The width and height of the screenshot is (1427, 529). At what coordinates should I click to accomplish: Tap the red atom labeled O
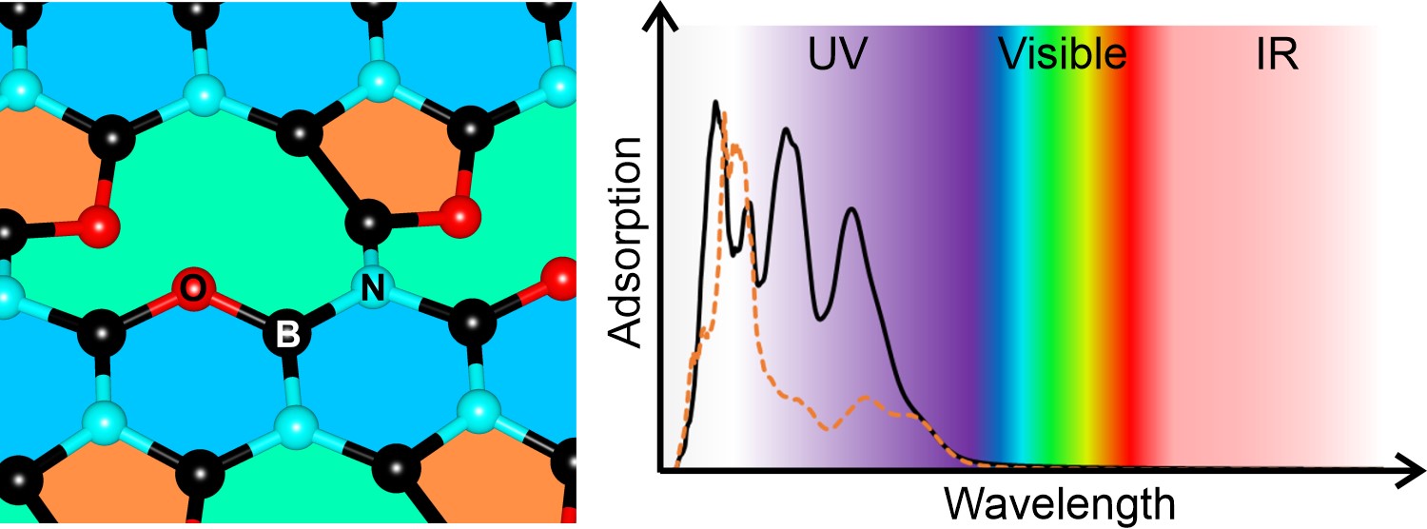tap(192, 289)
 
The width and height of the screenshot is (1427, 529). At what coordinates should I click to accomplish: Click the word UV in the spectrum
tap(837, 57)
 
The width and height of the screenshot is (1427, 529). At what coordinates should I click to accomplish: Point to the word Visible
tap(1063, 57)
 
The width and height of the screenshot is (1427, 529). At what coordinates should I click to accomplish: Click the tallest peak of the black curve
tap(715, 103)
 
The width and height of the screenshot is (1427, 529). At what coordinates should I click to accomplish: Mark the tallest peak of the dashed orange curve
tap(725, 115)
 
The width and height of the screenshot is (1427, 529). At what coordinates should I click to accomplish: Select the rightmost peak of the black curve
tap(851, 209)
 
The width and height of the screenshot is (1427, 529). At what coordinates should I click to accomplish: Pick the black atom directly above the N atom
tap(367, 225)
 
